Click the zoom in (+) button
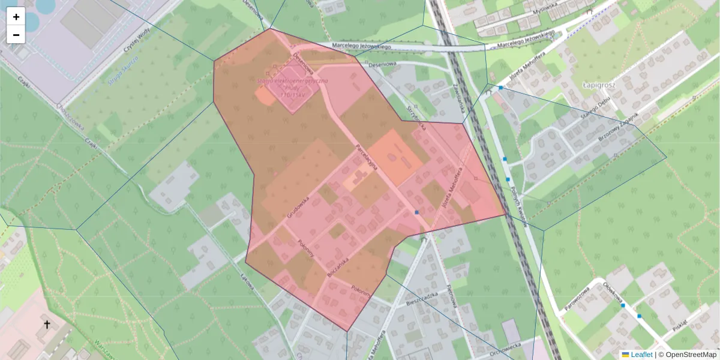(16, 17)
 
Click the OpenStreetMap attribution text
(690, 355)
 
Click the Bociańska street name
(338, 265)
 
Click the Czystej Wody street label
(135, 41)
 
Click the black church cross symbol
(47, 325)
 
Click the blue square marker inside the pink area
(417, 212)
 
